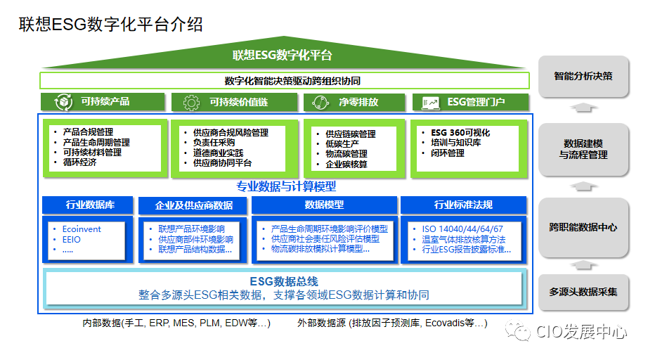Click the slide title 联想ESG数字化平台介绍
pos(110,25)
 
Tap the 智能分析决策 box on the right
pos(583,76)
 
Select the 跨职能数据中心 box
pos(583,227)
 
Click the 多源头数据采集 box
pos(583,292)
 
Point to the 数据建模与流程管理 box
pos(583,148)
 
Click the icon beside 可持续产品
pos(64,103)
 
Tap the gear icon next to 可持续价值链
pos(190,103)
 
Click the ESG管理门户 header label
pos(476,102)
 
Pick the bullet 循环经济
pos(79,162)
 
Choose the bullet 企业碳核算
pos(346,165)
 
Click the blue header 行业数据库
pos(90,205)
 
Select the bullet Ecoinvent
pos(82,229)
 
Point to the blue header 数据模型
pos(324,205)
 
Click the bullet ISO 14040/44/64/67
pos(462,229)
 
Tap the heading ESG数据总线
pos(284,281)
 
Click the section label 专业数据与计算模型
pos(286,186)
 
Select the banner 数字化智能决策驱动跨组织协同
pos(284,80)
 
